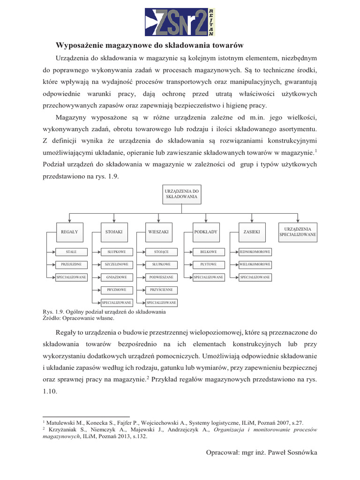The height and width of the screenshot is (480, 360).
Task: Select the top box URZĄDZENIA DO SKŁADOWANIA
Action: (x=182, y=194)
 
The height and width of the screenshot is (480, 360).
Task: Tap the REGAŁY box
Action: (x=69, y=232)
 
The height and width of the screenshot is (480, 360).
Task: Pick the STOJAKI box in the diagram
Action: (x=114, y=232)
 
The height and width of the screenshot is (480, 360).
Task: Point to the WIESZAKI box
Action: (x=158, y=232)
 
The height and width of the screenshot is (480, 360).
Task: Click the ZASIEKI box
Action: (x=251, y=232)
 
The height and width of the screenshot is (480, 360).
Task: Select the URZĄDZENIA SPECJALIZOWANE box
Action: (x=298, y=232)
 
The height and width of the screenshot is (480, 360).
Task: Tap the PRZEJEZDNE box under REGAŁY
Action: (x=71, y=264)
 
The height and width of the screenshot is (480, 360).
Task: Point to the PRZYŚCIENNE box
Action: (x=161, y=290)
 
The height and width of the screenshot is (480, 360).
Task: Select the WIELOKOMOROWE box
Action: (x=255, y=264)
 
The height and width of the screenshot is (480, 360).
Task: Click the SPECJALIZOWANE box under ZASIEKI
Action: (x=255, y=277)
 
